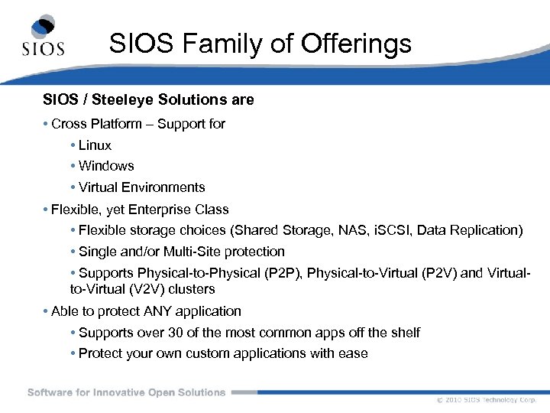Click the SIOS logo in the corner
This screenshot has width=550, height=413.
[x=42, y=37]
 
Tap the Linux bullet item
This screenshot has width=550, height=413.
[x=95, y=145]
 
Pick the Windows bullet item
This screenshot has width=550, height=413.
[x=106, y=166]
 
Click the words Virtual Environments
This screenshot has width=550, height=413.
[x=142, y=187]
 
